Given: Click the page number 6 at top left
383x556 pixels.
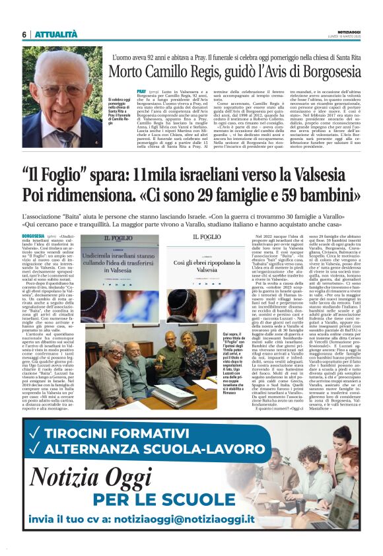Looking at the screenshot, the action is click(x=24, y=34).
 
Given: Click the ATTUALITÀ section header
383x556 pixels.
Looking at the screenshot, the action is click(x=56, y=34).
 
